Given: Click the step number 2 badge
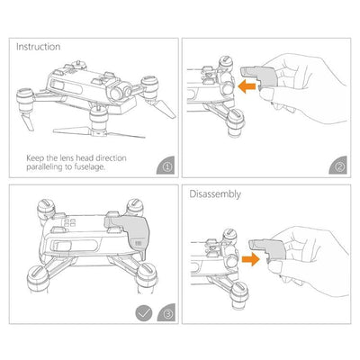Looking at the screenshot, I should pyautogui.click(x=337, y=165).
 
